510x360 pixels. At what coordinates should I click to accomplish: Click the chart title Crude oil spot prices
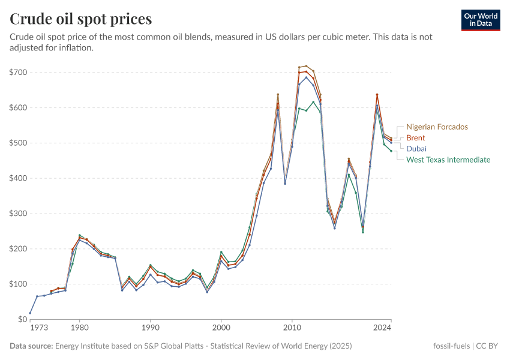point(80,19)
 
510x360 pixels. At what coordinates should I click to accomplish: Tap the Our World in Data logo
point(481,20)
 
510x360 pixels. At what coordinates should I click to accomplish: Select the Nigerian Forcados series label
point(436,127)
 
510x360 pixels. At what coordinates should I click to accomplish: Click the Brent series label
point(415,138)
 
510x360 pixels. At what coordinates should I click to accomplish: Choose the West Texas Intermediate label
point(448,160)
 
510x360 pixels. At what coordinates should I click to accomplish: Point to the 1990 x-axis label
point(150,328)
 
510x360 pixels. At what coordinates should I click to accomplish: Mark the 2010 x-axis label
point(292,328)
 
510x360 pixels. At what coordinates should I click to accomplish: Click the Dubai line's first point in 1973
point(30,313)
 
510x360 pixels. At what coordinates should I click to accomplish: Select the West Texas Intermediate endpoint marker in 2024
point(391,151)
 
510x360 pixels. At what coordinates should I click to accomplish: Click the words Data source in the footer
point(31,346)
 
